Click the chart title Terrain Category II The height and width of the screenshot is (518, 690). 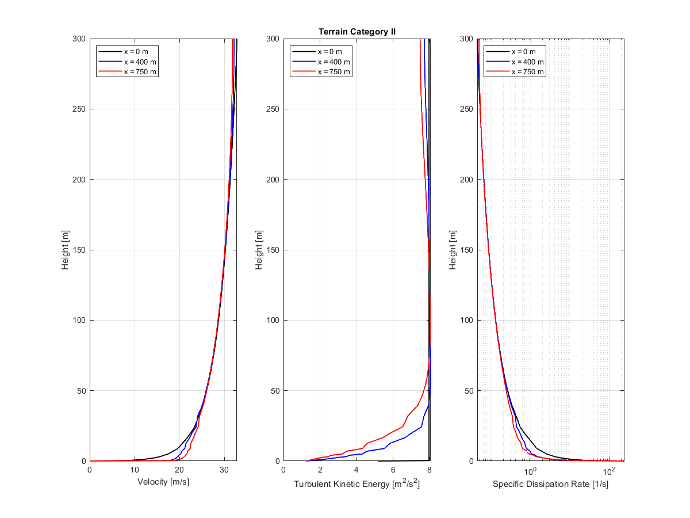click(357, 32)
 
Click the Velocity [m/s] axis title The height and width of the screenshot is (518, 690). click(163, 482)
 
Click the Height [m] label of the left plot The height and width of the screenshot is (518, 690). click(67, 250)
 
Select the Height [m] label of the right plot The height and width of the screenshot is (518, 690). click(454, 250)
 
